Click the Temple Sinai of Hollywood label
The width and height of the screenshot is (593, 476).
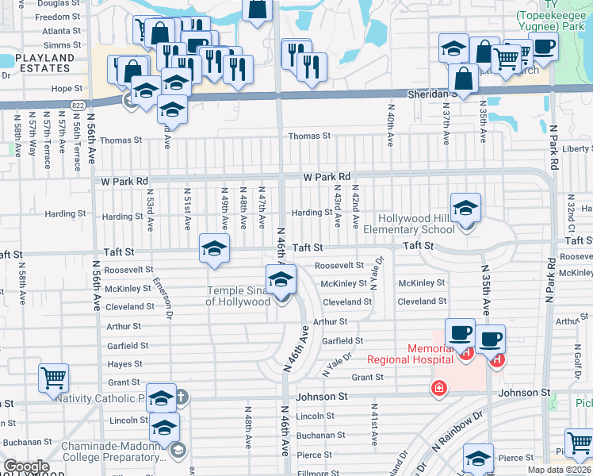238,296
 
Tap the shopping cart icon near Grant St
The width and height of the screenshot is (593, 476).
53,378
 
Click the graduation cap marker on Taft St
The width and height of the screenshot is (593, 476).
214,249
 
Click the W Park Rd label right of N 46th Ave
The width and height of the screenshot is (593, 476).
327,177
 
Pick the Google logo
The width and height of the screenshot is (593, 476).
25,466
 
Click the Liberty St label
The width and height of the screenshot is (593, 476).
576,149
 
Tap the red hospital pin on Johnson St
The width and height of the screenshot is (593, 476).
438,388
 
